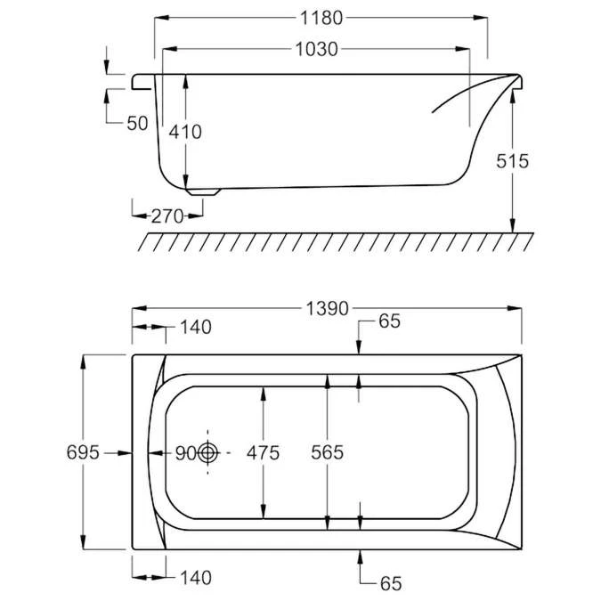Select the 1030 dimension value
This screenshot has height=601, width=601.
tap(317, 49)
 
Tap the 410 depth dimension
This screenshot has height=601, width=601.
tap(185, 132)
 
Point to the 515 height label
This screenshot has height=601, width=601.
tap(513, 161)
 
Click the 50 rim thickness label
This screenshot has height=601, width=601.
tap(137, 123)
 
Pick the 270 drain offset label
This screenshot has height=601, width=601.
tap(166, 215)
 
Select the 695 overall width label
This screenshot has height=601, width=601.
tap(82, 452)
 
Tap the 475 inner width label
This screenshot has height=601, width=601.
tap(263, 452)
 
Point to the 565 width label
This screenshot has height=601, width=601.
tap(328, 452)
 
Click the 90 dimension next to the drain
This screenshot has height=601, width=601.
tap(184, 452)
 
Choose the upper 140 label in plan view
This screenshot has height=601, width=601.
tap(195, 327)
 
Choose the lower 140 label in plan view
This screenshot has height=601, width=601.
tap(195, 578)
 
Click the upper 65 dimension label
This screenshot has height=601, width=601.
tap(389, 322)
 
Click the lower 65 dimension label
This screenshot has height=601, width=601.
tap(389, 584)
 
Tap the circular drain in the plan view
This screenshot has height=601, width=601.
tap(208, 452)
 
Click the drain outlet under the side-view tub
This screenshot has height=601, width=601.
tap(203, 189)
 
